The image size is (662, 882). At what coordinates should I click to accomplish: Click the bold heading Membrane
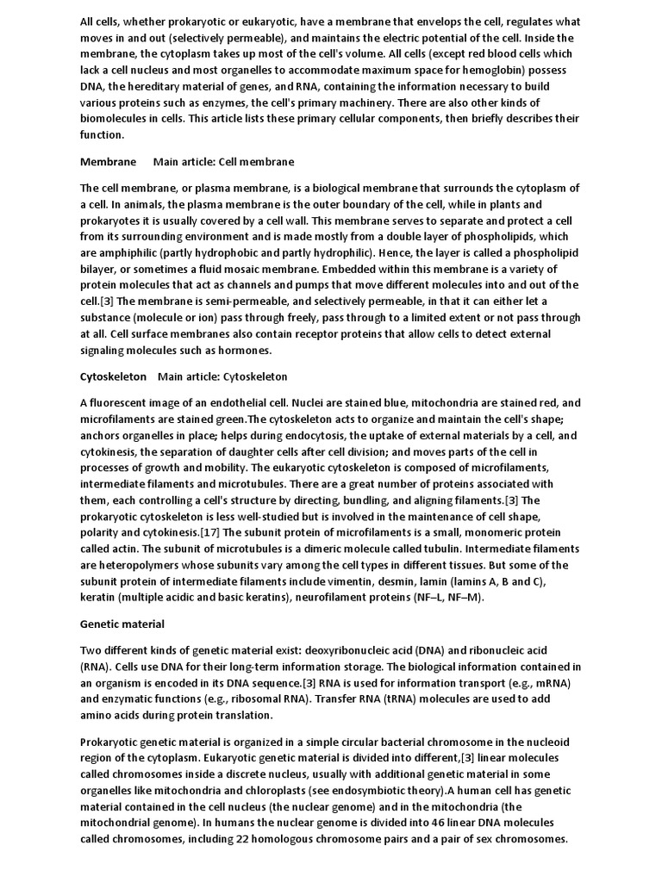click(108, 162)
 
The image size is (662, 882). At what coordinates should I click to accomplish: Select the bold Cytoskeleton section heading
click(113, 376)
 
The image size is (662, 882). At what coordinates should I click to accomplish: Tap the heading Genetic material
click(122, 624)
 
